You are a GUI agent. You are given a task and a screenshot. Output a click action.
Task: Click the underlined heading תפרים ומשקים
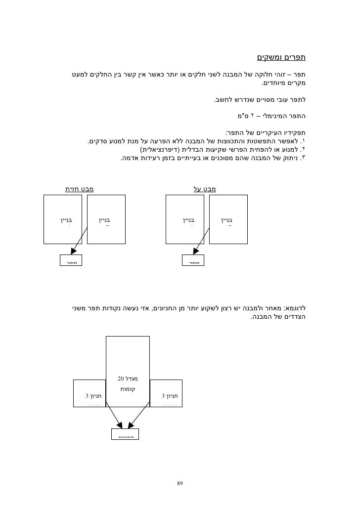[x=281, y=57]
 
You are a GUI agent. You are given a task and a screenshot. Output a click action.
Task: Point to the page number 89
[x=180, y=483]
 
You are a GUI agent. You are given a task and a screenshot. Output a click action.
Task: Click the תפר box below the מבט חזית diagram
[x=71, y=261]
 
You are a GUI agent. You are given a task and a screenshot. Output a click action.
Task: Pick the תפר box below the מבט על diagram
[x=193, y=261]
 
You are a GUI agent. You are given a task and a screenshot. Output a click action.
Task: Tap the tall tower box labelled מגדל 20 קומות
[x=128, y=366]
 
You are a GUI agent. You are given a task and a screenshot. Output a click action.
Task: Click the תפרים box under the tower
[x=124, y=433]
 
